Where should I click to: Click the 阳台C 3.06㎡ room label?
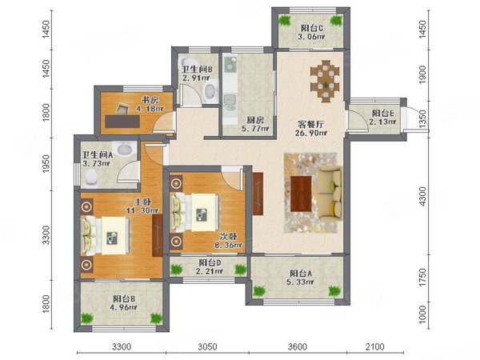click(312, 33)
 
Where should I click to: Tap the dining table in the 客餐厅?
click(325, 81)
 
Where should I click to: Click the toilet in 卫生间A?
click(91, 178)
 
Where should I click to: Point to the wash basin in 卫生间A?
click(124, 149)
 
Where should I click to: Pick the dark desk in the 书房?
click(122, 122)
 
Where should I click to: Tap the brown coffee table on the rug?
click(301, 194)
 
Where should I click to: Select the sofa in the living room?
click(330, 192)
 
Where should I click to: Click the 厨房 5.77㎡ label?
click(255, 124)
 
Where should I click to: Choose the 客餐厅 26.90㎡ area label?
click(311, 129)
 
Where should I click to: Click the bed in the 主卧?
click(105, 236)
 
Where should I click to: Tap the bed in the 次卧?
click(195, 213)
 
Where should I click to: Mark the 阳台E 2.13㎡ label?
click(382, 118)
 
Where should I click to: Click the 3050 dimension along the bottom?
click(207, 347)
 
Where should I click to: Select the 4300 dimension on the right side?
click(422, 196)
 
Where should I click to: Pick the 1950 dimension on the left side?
click(46, 163)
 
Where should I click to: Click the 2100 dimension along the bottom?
click(375, 347)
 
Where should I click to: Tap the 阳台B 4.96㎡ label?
click(125, 303)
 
